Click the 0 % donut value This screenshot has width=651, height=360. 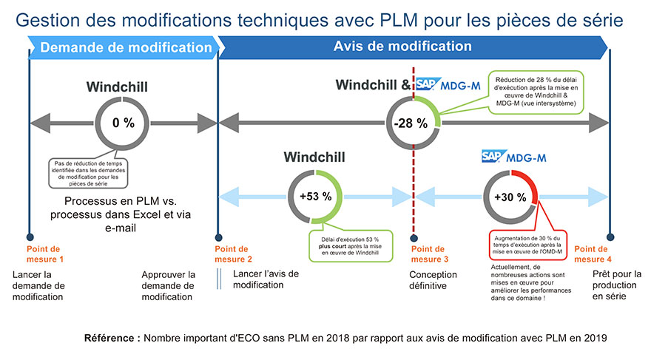click(123, 123)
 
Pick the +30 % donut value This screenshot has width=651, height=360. click(510, 197)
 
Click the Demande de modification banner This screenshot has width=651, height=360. click(125, 48)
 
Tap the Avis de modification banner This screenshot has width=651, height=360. click(402, 46)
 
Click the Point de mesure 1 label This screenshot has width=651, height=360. click(46, 254)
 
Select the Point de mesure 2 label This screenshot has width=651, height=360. click(234, 254)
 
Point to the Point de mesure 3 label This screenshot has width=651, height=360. click(428, 254)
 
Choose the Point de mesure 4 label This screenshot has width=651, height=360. click(592, 254)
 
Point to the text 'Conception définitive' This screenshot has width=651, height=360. click(436, 279)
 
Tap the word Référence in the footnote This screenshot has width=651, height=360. click(112, 338)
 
